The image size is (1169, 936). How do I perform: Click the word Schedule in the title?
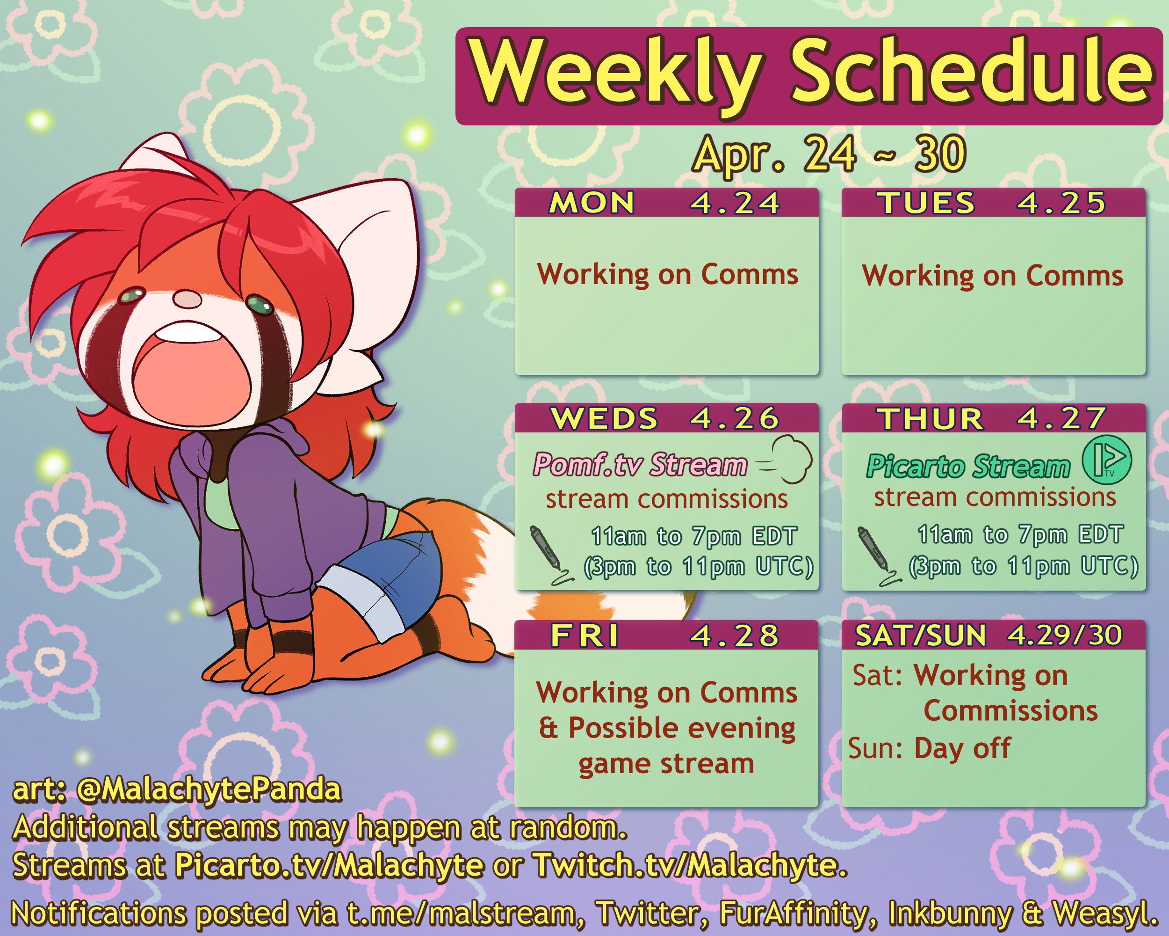[x=972, y=71]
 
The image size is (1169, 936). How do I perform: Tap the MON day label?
[x=592, y=203]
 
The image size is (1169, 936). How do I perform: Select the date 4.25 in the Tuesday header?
[x=1061, y=203]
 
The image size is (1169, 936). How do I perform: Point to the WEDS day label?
[x=604, y=418]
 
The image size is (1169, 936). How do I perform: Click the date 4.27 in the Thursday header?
[x=1061, y=418]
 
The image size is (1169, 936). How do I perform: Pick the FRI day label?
[x=584, y=636]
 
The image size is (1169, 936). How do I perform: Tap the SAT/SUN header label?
[x=921, y=636]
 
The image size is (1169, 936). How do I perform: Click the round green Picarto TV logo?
[x=1107, y=460]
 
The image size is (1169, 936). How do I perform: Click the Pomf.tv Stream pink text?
[x=640, y=465]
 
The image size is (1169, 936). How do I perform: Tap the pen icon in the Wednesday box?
[x=550, y=555]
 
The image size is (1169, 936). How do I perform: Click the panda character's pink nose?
[x=187, y=299]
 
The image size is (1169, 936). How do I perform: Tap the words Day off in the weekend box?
[x=962, y=748]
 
